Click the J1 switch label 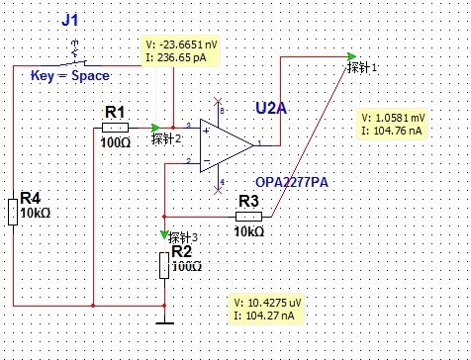tap(70, 20)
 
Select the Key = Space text tap(70, 76)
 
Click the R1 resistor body tap(115, 128)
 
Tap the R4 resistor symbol tap(13, 213)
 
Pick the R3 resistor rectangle tap(249, 217)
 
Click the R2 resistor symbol tap(164, 265)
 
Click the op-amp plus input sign tap(206, 131)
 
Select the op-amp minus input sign tap(207, 160)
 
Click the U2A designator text tap(271, 108)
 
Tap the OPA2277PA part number tap(292, 182)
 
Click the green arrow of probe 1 tap(352, 56)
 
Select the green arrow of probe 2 tap(155, 128)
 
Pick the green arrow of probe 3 tap(164, 234)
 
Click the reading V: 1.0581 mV tap(393, 118)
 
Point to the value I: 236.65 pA tap(176, 57)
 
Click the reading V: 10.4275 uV tap(267, 303)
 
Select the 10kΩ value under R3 tap(249, 231)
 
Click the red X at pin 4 tap(218, 190)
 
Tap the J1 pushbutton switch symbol tap(76, 54)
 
